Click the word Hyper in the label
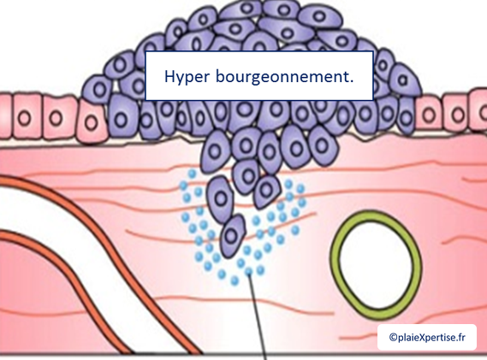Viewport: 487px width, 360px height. tap(187, 76)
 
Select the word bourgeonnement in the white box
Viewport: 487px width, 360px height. tap(282, 76)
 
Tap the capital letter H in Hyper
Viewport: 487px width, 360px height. tap(169, 76)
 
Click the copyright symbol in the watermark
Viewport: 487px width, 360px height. tap(393, 337)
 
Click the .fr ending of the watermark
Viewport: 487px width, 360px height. tap(461, 337)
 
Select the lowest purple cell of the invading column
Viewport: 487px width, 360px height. tap(232, 236)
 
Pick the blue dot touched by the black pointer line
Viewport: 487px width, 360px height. tap(248, 271)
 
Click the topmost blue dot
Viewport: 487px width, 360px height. tap(193, 174)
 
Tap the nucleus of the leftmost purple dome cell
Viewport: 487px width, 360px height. tap(99, 90)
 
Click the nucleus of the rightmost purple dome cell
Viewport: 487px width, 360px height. tap(402, 80)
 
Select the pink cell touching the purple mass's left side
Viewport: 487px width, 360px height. tap(92, 122)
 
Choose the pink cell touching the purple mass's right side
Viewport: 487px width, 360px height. tap(430, 114)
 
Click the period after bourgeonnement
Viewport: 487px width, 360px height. tap(351, 81)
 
